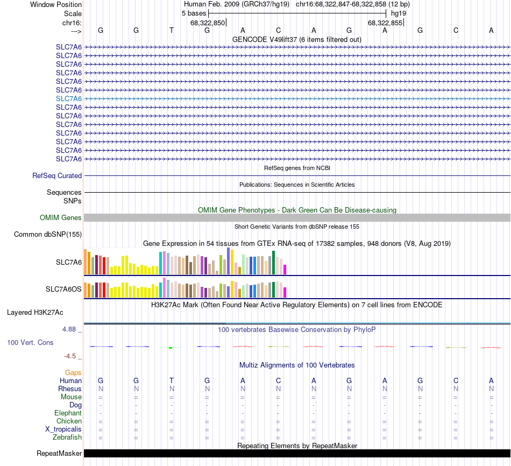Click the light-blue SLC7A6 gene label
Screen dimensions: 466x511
69,98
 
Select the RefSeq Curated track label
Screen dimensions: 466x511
57,175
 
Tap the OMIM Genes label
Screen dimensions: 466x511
61,218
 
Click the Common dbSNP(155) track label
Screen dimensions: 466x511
48,234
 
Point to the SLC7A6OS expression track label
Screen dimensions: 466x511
63,290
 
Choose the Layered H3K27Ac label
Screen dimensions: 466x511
35,312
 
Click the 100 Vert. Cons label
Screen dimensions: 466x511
30,342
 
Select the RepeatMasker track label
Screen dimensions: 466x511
59,454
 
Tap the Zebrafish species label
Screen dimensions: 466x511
67,437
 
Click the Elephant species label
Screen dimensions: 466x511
68,413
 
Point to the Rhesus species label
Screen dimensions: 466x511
70,389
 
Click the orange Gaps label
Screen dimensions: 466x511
73,372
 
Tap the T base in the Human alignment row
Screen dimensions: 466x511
172,380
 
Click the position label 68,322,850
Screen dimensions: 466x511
208,23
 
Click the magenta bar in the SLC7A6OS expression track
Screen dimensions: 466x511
285,292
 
